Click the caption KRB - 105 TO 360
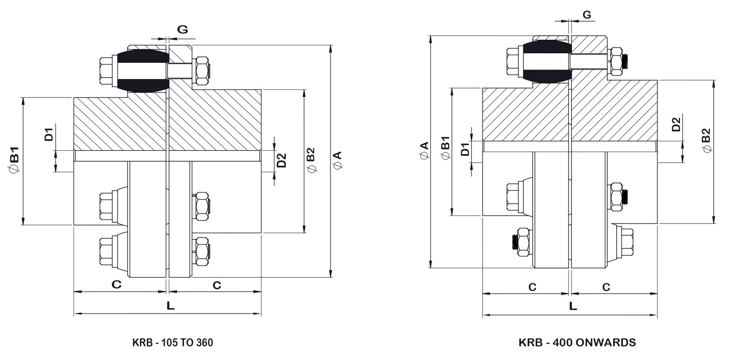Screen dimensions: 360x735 pyautogui.click(x=172, y=342)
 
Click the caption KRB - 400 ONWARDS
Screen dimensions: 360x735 pyautogui.click(x=577, y=342)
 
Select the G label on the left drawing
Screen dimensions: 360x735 pyautogui.click(x=182, y=30)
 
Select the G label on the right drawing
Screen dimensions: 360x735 pyautogui.click(x=586, y=15)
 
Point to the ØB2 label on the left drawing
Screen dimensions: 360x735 pyautogui.click(x=311, y=160)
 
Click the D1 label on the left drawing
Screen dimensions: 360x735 pyautogui.click(x=49, y=134)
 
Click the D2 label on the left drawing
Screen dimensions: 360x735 pyautogui.click(x=281, y=160)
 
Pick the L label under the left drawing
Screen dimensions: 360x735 pyautogui.click(x=170, y=306)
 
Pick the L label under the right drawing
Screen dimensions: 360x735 pyautogui.click(x=573, y=306)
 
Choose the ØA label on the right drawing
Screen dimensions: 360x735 pyautogui.click(x=424, y=150)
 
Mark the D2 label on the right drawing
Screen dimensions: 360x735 pyautogui.click(x=676, y=124)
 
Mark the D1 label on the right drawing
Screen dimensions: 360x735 pyautogui.click(x=465, y=149)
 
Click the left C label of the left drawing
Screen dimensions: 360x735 pyautogui.click(x=116, y=285)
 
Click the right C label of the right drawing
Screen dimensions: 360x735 pyautogui.click(x=606, y=287)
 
